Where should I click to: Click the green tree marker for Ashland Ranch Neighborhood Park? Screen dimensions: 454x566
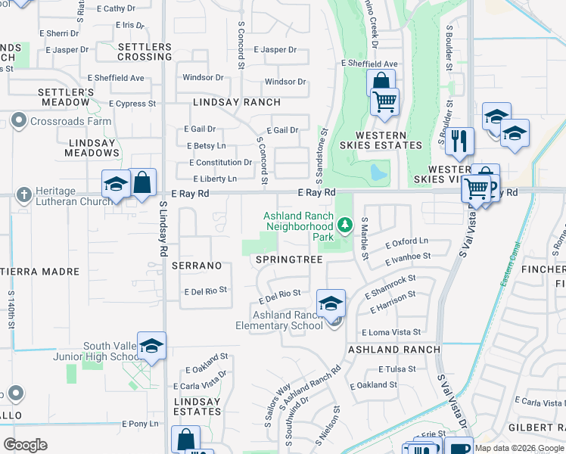pyautogui.click(x=345, y=225)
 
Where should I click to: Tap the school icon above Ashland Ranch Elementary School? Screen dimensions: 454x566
pyautogui.click(x=331, y=304)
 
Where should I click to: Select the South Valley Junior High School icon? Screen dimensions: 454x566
pyautogui.click(x=151, y=346)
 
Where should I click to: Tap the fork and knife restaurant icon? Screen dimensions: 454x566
pyautogui.click(x=459, y=141)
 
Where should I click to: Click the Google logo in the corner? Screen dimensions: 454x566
pyautogui.click(x=25, y=445)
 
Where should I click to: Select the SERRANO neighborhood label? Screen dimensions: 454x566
pyautogui.click(x=196, y=266)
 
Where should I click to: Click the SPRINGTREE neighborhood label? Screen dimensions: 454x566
pyautogui.click(x=289, y=260)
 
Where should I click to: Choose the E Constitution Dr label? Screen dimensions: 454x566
pyautogui.click(x=220, y=163)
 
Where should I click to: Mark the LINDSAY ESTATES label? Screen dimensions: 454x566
pyautogui.click(x=197, y=406)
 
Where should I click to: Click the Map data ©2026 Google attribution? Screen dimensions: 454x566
pyautogui.click(x=519, y=448)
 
